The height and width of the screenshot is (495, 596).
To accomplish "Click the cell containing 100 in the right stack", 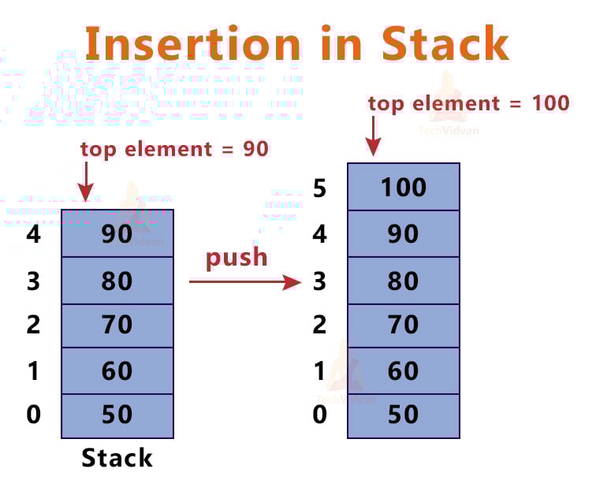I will (x=403, y=187).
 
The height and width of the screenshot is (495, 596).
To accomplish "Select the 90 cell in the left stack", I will (x=117, y=234).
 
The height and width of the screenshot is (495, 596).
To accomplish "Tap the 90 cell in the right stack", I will (x=403, y=234).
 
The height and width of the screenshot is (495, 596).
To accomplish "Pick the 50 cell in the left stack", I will (x=117, y=415).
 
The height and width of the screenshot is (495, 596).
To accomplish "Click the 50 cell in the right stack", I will (x=403, y=415).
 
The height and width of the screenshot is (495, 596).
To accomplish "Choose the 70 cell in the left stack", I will (x=117, y=325).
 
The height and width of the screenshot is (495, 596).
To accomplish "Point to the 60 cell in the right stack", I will (x=403, y=370).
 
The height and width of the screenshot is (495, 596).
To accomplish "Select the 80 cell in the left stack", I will (x=117, y=281).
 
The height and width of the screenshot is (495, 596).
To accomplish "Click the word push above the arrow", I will (x=237, y=257).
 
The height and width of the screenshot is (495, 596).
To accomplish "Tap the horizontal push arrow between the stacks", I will (x=244, y=281).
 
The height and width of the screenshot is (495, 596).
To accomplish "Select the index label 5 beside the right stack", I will (x=319, y=188).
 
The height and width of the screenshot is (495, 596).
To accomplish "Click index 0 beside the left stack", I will (x=33, y=415).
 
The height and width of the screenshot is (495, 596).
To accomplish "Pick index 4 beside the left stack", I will (x=33, y=235).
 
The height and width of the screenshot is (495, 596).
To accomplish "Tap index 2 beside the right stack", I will (x=319, y=325).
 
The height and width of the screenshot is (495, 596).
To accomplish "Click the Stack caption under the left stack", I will (x=117, y=458).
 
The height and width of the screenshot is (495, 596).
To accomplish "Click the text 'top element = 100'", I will (x=468, y=103).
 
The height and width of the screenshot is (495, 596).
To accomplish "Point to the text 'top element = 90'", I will (x=174, y=149).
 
